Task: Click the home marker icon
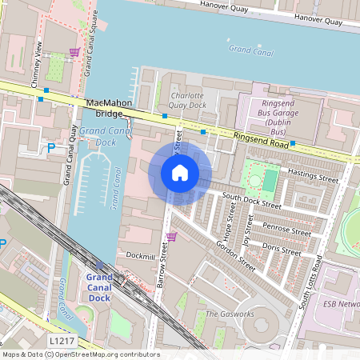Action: (180, 172)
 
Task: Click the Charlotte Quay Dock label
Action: (188, 100)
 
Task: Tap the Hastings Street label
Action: (313, 173)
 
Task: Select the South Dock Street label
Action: (251, 200)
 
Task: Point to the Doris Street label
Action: (281, 249)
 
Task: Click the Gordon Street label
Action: (235, 256)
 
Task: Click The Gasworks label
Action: (230, 314)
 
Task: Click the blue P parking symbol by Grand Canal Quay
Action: (51, 148)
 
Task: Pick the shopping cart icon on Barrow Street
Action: (170, 236)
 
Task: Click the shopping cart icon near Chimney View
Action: (74, 52)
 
